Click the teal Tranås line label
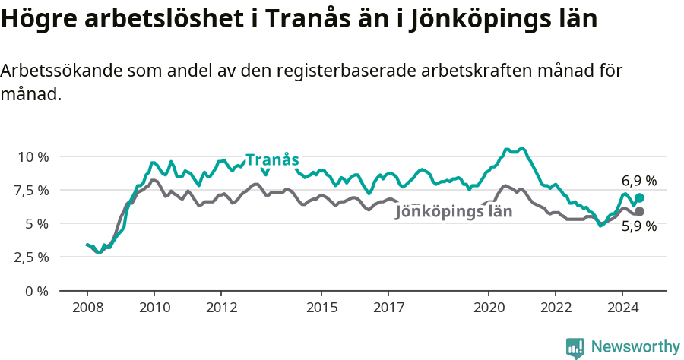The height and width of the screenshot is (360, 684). [x=272, y=160]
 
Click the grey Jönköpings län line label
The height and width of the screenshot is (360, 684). [x=454, y=212]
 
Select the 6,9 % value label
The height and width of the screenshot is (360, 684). [x=638, y=181]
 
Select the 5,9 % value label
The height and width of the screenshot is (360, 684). [x=638, y=226]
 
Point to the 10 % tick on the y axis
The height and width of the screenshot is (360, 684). [x=33, y=156]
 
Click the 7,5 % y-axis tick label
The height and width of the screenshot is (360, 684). [x=30, y=190]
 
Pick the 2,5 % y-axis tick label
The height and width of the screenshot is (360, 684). [x=30, y=257]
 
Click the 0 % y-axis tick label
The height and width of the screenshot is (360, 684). [x=36, y=291]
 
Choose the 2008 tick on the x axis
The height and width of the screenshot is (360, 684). [x=87, y=308]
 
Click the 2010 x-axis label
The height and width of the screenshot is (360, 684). [x=154, y=308]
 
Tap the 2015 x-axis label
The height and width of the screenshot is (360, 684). [x=321, y=308]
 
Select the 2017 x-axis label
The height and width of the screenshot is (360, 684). [x=388, y=308]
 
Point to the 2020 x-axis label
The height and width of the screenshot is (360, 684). [x=489, y=308]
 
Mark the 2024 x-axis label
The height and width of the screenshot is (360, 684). [x=622, y=308]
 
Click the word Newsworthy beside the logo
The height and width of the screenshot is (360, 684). [x=635, y=347]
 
